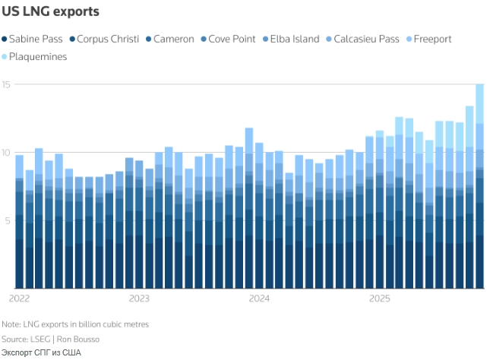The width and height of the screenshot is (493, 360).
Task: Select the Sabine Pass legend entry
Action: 35,39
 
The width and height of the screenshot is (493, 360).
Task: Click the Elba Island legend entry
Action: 294,39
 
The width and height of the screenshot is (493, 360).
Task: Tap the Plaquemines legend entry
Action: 36,56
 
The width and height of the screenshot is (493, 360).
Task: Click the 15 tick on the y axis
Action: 6,84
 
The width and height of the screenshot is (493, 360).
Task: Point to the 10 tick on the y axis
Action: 6,153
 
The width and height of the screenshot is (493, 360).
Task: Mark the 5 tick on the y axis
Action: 6,221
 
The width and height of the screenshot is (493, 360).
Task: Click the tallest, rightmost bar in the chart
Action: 479,190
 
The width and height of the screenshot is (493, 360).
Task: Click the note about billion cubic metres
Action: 75,324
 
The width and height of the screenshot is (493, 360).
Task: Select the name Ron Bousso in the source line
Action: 77,339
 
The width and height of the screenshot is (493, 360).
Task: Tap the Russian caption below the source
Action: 41,352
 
